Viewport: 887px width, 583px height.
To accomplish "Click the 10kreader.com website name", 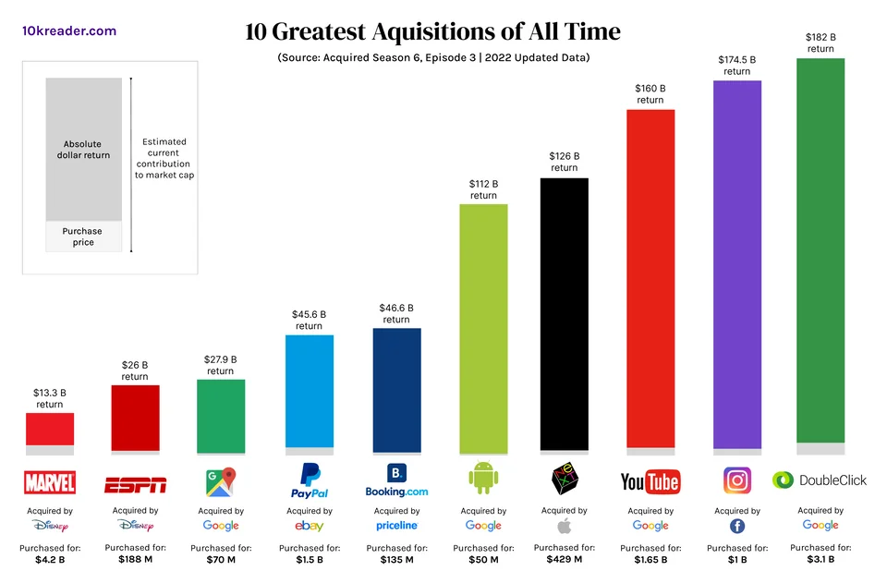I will (69, 30).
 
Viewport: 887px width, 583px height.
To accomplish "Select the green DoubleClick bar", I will (820, 249).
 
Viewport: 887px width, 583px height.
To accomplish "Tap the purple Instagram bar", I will (736, 263).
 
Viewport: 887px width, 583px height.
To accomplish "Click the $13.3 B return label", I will (50, 398).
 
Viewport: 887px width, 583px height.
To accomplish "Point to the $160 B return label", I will (650, 94).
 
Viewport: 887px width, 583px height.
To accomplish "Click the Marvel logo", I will (50, 482).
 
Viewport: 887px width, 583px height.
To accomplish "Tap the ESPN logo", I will (135, 483).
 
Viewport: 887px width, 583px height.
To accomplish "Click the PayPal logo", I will (309, 481).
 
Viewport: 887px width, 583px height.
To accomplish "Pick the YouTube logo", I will (650, 481).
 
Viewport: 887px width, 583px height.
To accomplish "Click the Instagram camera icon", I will (736, 480).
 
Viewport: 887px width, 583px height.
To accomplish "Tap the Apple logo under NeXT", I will (564, 526).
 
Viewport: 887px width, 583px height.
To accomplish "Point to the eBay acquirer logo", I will (309, 526).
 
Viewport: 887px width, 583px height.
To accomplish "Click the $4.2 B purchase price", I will (50, 559).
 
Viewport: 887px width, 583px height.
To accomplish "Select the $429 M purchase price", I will (564, 559).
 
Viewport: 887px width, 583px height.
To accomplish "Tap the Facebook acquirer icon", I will (736, 526).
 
